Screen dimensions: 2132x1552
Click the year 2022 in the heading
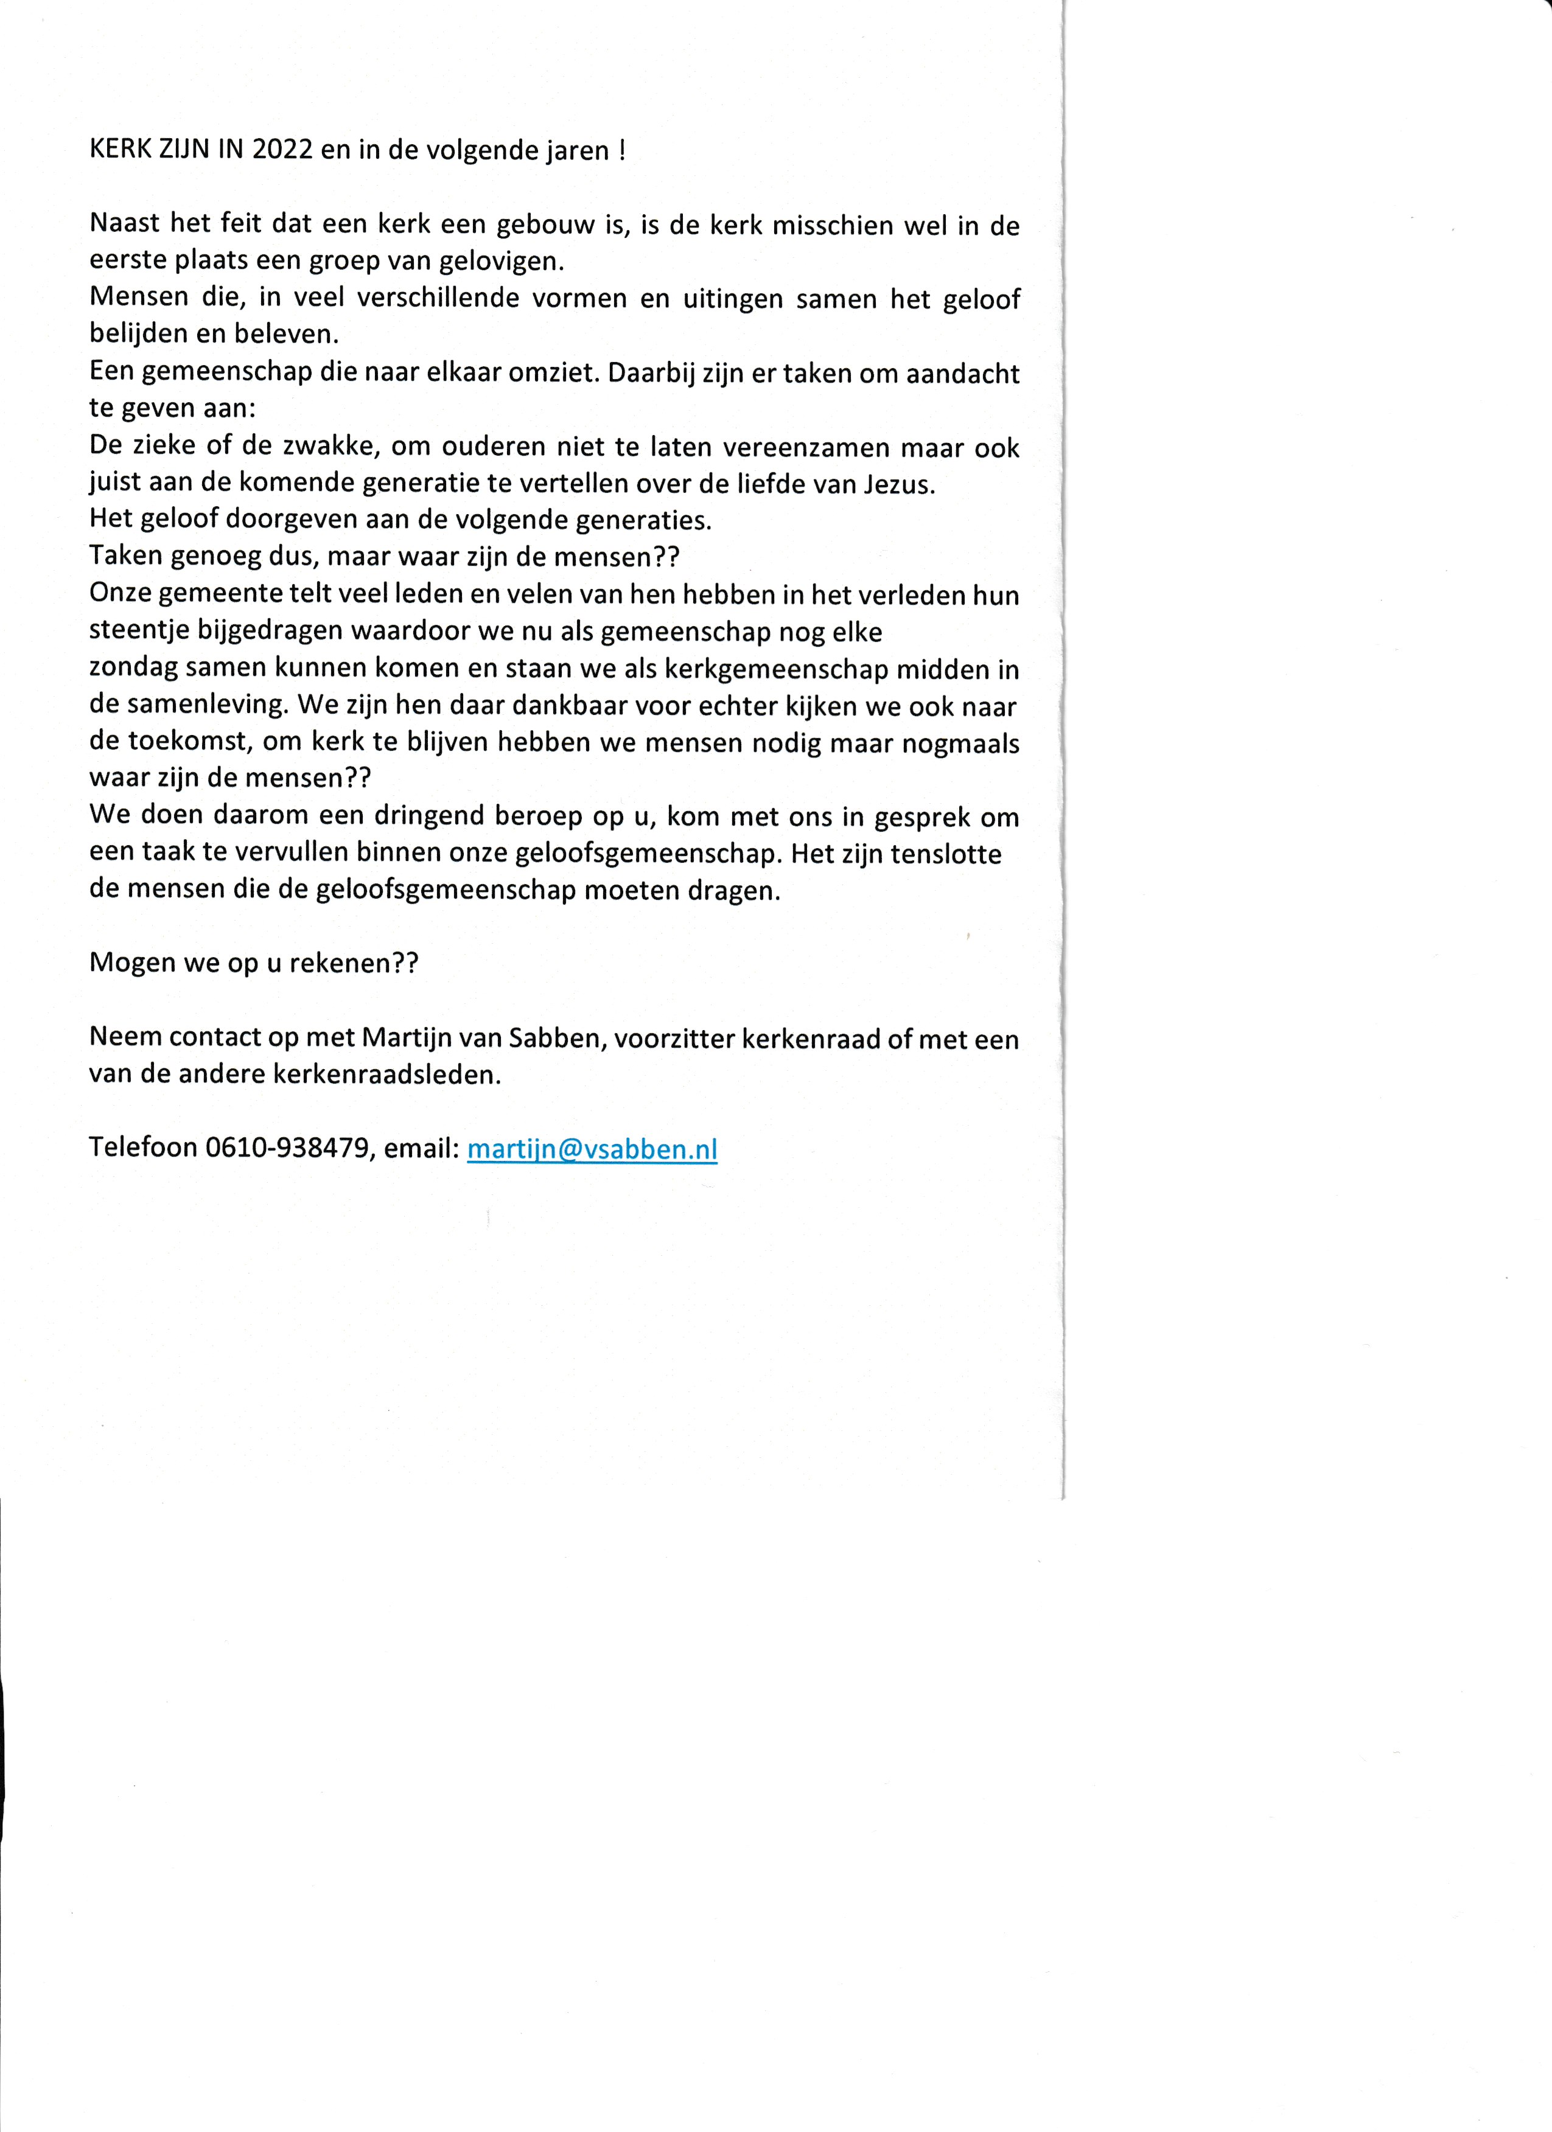tap(282, 152)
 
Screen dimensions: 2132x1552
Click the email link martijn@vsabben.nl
tap(592, 1149)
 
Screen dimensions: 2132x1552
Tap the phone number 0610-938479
tap(286, 1148)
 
